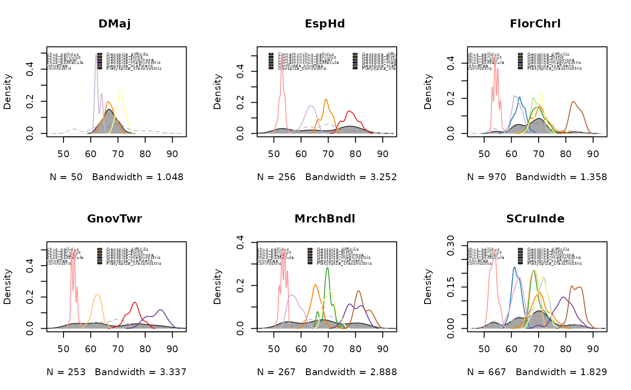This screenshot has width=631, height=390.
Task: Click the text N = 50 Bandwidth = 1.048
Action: [x=116, y=177]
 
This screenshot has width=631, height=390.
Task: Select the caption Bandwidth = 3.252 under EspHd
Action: [x=351, y=177]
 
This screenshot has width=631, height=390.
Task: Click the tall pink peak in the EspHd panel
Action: [x=282, y=56]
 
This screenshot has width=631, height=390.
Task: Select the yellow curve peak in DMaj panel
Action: [x=121, y=89]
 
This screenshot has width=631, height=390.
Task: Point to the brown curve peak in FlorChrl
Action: [x=573, y=102]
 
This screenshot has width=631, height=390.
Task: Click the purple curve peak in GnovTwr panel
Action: [x=161, y=309]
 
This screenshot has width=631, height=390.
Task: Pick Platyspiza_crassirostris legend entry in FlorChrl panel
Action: [x=554, y=68]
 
